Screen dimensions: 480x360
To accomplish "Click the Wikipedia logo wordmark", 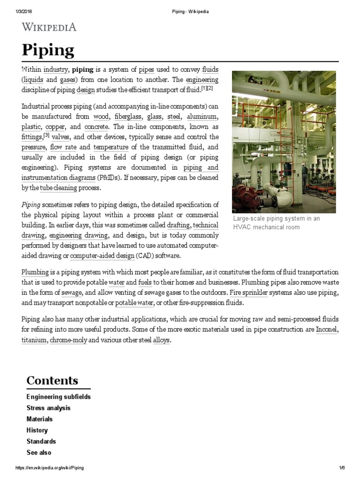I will pos(49,27).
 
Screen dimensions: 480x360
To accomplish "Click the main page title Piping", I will pos(48,50).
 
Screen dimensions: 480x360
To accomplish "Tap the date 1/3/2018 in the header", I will pos(23,12).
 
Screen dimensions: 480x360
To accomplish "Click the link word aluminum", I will pos(202,117).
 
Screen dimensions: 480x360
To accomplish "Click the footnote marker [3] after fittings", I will pos(46,136).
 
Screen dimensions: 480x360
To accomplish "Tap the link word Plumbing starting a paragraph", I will pos(35,272).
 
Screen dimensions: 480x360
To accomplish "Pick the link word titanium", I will pos(34,340).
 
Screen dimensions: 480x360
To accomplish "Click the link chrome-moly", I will pos(68,340).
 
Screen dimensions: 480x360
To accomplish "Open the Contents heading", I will pos(52,380).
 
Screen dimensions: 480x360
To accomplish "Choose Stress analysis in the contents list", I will pos(48,408).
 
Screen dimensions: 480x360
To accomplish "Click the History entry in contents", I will pos(37,430).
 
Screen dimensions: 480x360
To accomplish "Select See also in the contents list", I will pos(39,453).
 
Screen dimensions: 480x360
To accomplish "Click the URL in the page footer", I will pos(50,468).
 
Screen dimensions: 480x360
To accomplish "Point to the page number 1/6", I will pos(342,468).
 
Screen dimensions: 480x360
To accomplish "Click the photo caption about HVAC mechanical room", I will pos(276,223).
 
